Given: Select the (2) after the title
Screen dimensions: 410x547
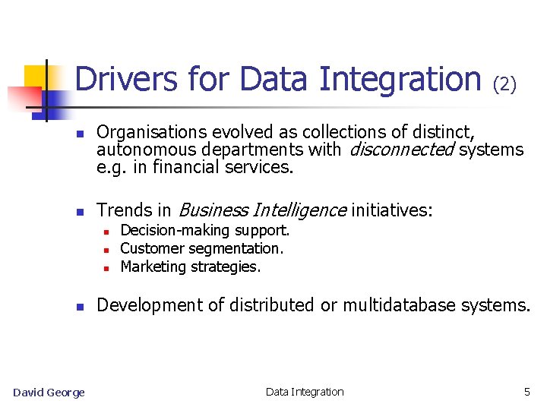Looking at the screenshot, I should [505, 84].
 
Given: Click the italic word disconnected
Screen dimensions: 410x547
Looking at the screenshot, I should [400, 150].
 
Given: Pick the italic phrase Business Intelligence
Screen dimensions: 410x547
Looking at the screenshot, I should [261, 210].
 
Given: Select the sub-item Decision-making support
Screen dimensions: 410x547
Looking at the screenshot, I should [205, 230].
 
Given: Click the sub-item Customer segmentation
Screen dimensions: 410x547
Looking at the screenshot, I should [201, 248].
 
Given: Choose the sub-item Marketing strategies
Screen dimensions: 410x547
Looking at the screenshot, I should [190, 266].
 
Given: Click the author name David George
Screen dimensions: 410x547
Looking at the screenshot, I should [49, 392].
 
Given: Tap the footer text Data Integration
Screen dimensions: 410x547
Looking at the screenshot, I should [305, 392].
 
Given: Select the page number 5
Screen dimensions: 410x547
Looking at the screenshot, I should [527, 392].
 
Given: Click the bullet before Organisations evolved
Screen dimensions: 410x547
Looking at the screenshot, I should [79, 134].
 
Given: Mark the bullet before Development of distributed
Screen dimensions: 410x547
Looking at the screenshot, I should [79, 307].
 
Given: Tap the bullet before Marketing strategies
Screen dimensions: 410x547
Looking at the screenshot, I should [107, 268].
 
